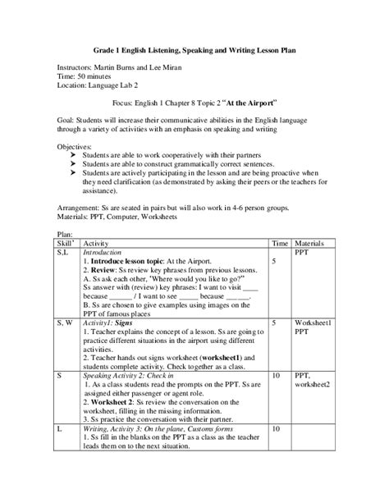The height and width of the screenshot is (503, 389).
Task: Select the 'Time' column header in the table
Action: click(280, 245)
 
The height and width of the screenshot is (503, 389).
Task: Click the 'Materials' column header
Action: click(310, 245)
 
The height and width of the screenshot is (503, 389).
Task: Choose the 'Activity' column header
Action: click(96, 245)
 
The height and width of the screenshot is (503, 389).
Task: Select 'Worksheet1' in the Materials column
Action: click(313, 325)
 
